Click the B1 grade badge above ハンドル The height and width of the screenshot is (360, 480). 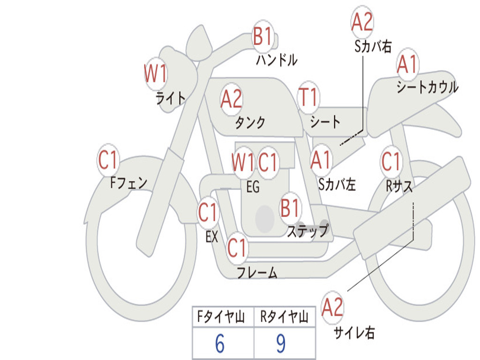click(263, 37)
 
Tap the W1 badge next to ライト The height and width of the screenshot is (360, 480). click(155, 74)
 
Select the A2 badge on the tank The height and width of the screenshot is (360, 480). click(231, 99)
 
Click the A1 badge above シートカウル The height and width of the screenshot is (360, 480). click(407, 65)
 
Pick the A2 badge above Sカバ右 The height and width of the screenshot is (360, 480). click(362, 22)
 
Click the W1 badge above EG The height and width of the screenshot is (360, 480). click(243, 163)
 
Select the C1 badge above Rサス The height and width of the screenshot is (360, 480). click(391, 162)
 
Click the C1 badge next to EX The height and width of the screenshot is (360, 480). click(208, 213)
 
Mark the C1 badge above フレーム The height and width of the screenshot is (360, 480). click(237, 248)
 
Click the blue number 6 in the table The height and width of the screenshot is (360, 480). click(220, 344)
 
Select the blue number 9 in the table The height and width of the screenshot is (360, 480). click(281, 344)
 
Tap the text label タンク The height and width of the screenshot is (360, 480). click(250, 123)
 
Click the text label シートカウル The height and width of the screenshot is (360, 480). click(427, 88)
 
